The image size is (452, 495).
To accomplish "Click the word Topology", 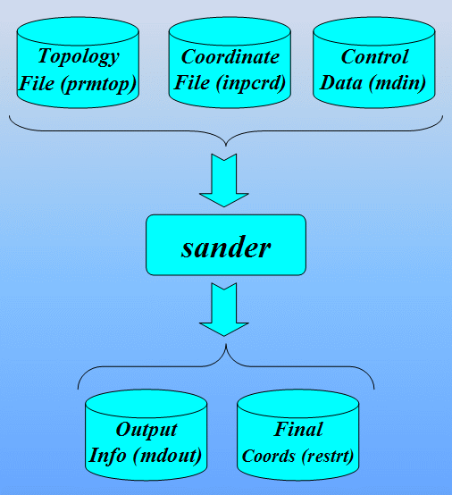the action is click(x=79, y=57).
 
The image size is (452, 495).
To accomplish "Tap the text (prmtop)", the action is click(x=99, y=84).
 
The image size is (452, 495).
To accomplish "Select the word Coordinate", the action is click(x=230, y=57).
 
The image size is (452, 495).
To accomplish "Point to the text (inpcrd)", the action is click(x=251, y=83).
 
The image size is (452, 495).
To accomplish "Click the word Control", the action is click(x=374, y=57).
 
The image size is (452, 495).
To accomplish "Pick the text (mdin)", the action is click(x=398, y=83).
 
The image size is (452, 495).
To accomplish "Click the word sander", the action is click(x=226, y=247).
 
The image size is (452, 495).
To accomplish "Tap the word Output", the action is click(x=146, y=430).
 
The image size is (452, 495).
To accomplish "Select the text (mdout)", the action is click(x=167, y=456).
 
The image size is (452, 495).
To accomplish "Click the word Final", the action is click(x=298, y=430).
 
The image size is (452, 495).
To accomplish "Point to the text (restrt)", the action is click(x=327, y=457).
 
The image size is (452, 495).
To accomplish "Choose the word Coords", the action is click(x=269, y=457).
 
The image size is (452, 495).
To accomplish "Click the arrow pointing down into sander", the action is click(x=224, y=180).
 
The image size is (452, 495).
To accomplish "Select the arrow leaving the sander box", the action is click(x=224, y=310).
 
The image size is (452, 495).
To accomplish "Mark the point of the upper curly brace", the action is click(x=226, y=146).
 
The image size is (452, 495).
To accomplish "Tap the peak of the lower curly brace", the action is click(x=226, y=344).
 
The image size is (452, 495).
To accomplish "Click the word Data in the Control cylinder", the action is click(x=341, y=83).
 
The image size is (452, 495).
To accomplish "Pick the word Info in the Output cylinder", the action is click(x=107, y=456).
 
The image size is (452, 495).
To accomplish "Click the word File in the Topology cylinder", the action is click(x=37, y=84).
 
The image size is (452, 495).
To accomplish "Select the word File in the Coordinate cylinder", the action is click(x=192, y=83).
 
